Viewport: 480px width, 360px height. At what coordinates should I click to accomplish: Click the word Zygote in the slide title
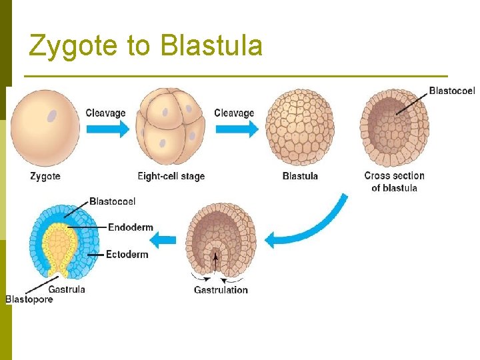(71, 46)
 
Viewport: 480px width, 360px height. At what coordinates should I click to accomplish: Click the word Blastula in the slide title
(211, 46)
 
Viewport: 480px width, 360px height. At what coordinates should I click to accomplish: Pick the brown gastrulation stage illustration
(221, 244)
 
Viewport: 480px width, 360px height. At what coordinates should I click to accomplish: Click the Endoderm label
(130, 227)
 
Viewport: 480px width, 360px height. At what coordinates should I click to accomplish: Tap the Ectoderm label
(127, 255)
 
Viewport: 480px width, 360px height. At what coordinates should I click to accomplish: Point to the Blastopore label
(29, 300)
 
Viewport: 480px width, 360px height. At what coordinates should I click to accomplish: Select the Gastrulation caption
(221, 290)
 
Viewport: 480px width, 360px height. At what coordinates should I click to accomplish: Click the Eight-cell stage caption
(171, 177)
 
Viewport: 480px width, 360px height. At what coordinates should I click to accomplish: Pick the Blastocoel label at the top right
(451, 91)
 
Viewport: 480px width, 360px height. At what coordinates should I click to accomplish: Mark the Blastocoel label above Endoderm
(112, 201)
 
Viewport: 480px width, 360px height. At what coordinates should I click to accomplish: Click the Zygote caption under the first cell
(45, 177)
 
